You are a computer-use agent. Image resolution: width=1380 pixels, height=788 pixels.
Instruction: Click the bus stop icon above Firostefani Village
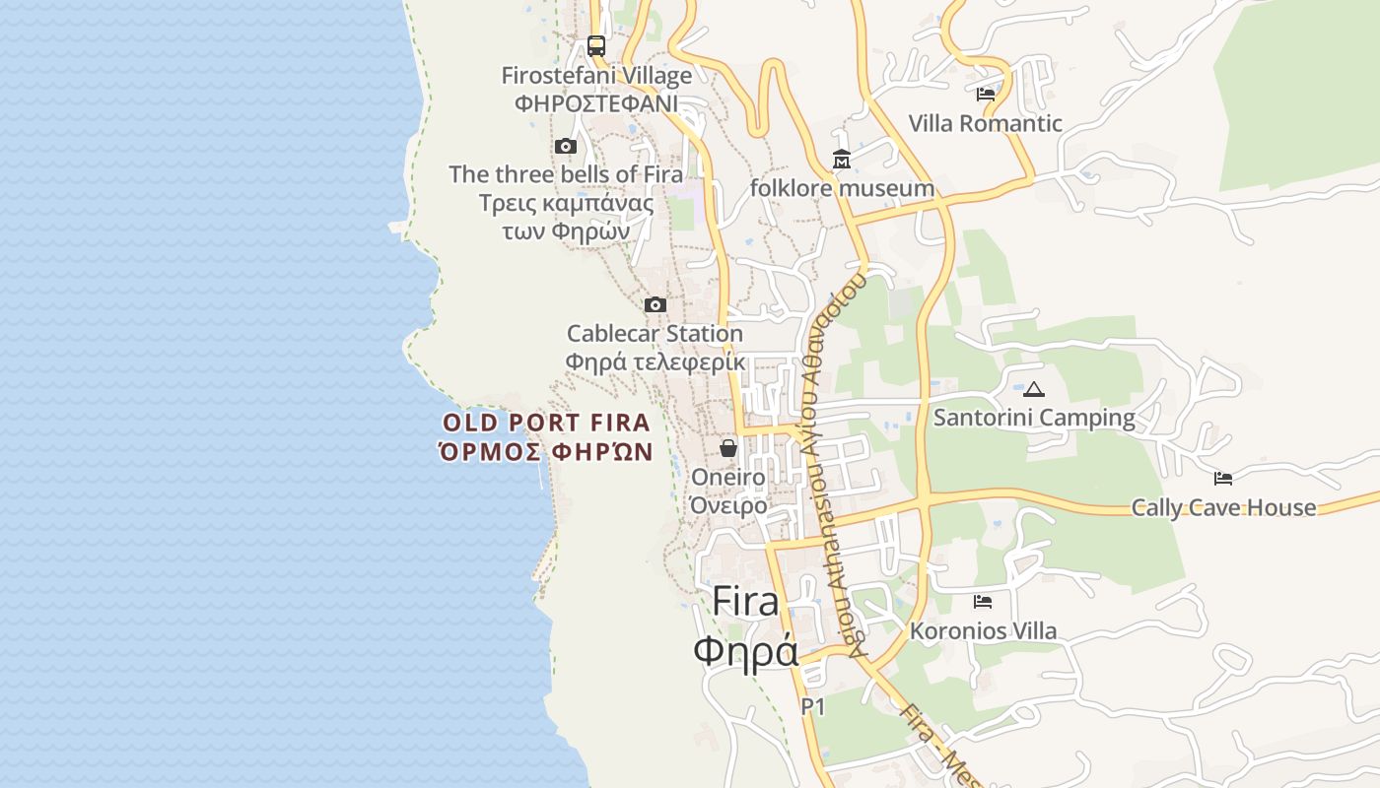(595, 45)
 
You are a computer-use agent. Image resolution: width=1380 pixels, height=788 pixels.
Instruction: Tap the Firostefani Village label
(596, 76)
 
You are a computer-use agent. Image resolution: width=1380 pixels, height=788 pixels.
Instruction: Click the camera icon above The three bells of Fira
(565, 147)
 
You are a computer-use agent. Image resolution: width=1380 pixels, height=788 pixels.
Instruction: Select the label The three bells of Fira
(566, 174)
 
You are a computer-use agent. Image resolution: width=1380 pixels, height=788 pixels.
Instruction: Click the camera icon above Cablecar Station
(655, 305)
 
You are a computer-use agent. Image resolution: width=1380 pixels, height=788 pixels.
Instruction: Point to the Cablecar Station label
(655, 334)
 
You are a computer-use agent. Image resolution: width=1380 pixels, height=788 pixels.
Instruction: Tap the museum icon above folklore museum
(842, 160)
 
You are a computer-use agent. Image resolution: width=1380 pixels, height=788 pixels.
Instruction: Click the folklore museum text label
(842, 188)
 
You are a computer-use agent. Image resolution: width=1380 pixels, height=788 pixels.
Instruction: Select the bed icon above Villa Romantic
(985, 95)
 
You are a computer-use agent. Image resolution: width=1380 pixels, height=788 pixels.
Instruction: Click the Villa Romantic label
(985, 123)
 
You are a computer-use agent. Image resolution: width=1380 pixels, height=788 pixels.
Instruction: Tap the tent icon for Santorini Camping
(1033, 389)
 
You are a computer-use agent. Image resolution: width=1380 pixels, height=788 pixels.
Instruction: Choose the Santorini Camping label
(1034, 418)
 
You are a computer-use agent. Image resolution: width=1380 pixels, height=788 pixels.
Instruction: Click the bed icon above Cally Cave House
(1223, 479)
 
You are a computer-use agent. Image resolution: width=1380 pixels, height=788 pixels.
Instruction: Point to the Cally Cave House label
(1223, 507)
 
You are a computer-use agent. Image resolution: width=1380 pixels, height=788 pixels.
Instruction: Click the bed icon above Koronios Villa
(983, 602)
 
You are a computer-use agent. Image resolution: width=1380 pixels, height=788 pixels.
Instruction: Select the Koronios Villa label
(983, 630)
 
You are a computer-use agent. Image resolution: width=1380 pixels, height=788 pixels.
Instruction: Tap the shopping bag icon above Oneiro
(728, 448)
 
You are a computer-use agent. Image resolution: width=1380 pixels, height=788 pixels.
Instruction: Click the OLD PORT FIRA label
(546, 424)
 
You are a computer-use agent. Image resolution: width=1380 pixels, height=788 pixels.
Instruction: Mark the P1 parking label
(812, 706)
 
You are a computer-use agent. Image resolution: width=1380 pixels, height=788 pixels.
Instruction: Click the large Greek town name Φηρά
(745, 651)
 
